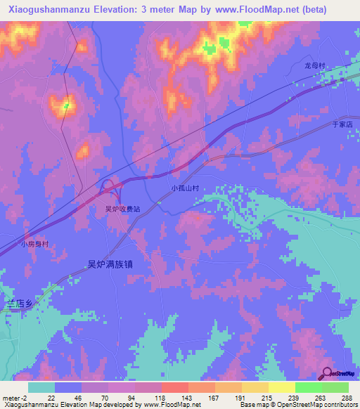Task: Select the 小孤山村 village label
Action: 186,188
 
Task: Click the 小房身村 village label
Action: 34,245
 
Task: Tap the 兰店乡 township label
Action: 20,303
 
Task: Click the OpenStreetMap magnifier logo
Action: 328,372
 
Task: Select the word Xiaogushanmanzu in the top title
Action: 44,9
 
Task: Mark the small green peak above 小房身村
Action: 66,106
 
